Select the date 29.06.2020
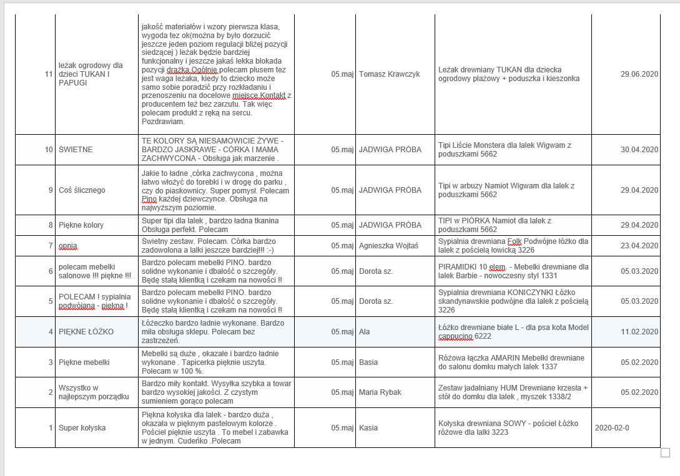click(x=639, y=74)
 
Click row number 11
click(x=49, y=74)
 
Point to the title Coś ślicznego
click(x=82, y=190)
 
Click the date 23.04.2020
click(x=639, y=246)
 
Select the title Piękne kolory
click(x=81, y=225)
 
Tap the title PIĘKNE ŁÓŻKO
click(x=86, y=331)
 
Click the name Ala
click(x=365, y=331)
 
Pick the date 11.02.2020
click(x=639, y=331)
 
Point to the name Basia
click(x=368, y=362)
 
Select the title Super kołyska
click(x=82, y=428)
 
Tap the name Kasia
click(x=368, y=428)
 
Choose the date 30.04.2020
click(x=639, y=150)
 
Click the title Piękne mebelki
click(x=84, y=362)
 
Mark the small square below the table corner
click(x=665, y=453)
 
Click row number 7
click(x=51, y=246)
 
